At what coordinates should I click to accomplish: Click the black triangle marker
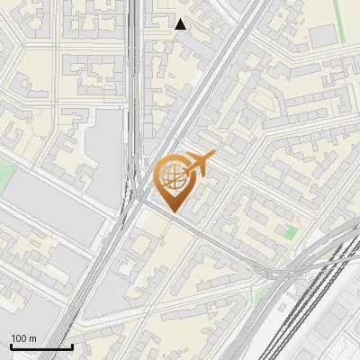pyautogui.click(x=181, y=24)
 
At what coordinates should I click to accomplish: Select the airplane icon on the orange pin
pyautogui.click(x=198, y=164)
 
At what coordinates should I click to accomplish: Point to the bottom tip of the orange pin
pyautogui.click(x=173, y=211)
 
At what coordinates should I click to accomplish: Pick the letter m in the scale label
pyautogui.click(x=34, y=338)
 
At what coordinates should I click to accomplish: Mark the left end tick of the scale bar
pyautogui.click(x=11, y=346)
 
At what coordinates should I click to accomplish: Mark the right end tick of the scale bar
pyautogui.click(x=72, y=346)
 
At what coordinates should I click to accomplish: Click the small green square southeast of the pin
pyautogui.click(x=291, y=232)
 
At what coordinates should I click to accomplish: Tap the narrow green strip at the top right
pyautogui.click(x=340, y=18)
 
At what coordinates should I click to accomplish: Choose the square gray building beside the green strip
pyautogui.click(x=321, y=37)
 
